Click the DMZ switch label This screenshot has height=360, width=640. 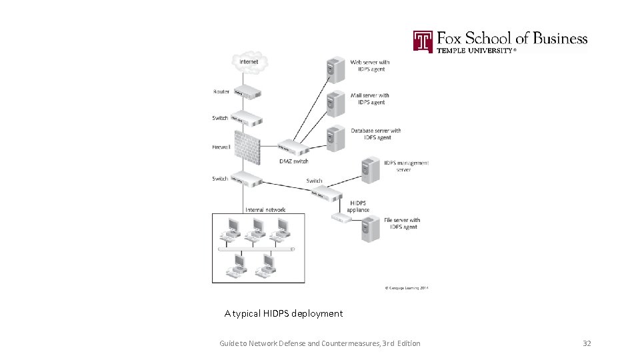pos(294,161)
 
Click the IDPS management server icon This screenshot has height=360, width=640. pos(369,169)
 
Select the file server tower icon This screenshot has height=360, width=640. pos(369,227)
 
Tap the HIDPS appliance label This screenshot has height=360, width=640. pos(358,206)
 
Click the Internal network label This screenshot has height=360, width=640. pos(265,210)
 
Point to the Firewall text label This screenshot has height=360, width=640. pos(221,147)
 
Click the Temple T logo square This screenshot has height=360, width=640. pos(423,41)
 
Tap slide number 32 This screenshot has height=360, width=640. pos(587,343)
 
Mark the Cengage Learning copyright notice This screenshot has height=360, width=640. pos(407,288)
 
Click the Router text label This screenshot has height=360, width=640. pos(221,92)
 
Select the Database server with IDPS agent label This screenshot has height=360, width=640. pos(376,134)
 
